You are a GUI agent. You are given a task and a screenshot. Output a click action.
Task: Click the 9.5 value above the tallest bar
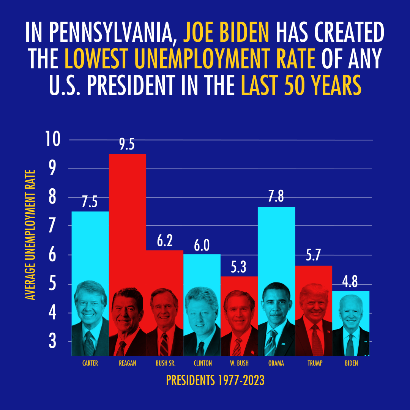pyautogui.click(x=127, y=145)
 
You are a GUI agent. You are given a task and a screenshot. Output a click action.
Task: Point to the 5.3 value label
pyautogui.click(x=239, y=268)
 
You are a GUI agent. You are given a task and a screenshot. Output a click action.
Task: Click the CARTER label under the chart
pyautogui.click(x=90, y=363)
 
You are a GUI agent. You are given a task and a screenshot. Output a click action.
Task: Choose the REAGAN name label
pyautogui.click(x=127, y=363)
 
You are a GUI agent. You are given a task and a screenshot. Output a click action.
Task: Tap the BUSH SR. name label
pyautogui.click(x=166, y=363)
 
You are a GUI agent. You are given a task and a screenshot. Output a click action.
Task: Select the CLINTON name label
pyautogui.click(x=203, y=363)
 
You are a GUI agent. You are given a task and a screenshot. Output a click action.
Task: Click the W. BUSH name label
pyautogui.click(x=239, y=363)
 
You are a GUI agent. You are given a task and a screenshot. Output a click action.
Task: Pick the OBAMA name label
pyautogui.click(x=276, y=363)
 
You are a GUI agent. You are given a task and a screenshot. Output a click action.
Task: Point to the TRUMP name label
pyautogui.click(x=315, y=363)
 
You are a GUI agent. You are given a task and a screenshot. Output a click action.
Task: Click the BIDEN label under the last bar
pyautogui.click(x=351, y=363)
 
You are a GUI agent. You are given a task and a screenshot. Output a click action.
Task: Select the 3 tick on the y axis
pyautogui.click(x=52, y=342)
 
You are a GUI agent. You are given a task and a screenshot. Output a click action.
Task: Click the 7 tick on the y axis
pyautogui.click(x=52, y=226)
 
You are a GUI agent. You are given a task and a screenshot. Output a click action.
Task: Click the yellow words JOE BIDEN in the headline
pyautogui.click(x=226, y=33)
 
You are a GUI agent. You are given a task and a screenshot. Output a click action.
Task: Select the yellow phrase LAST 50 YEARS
pyautogui.click(x=301, y=86)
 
